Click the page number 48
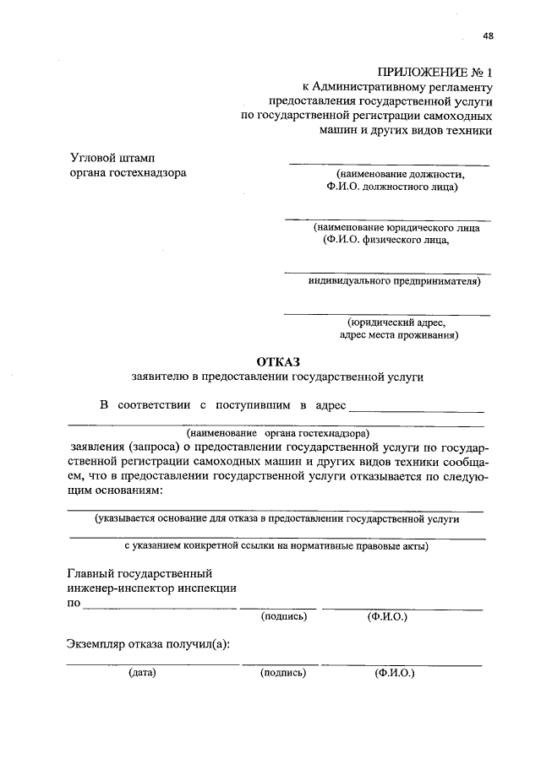click(x=489, y=35)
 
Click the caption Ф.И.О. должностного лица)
click(x=388, y=187)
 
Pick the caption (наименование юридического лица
click(x=396, y=227)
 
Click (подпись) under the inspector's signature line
click(x=284, y=616)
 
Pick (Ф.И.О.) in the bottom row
click(x=394, y=674)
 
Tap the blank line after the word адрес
click(x=417, y=410)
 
